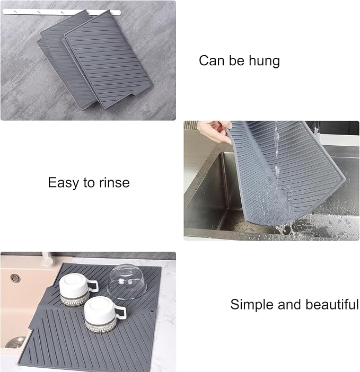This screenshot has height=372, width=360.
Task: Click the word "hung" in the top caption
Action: point(265,61)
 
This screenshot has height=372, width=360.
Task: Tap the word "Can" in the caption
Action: point(212,60)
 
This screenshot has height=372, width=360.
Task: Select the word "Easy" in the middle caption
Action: point(64,183)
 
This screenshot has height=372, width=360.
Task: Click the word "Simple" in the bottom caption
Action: point(251,304)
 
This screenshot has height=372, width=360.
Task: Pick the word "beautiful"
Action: point(332,304)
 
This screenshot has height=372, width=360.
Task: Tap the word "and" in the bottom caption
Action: point(289,304)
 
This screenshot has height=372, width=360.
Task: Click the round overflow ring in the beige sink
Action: point(15,278)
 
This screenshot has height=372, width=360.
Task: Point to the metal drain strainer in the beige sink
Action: point(15,342)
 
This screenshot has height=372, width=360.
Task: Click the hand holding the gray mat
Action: point(214,131)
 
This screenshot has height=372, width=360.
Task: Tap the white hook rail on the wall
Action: point(61,12)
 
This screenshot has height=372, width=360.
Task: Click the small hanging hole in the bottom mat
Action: point(152,310)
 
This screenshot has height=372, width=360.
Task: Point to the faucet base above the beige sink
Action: point(48,259)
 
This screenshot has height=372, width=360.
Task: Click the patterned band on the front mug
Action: point(101,325)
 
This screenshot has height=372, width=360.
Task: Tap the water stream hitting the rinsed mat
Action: point(277,152)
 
